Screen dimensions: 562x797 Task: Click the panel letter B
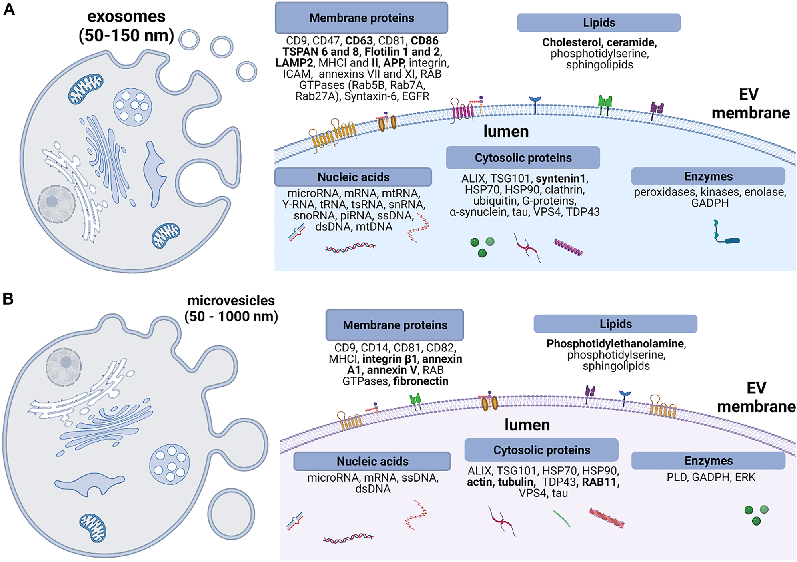[8, 299]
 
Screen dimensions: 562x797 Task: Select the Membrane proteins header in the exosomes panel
[362, 18]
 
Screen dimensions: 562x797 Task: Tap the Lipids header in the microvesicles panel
[615, 324]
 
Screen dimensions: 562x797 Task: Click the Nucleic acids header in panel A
[353, 177]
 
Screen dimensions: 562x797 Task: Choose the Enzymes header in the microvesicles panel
[708, 461]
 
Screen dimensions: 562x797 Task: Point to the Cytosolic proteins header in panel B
[541, 450]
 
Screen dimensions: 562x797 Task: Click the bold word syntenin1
[561, 178]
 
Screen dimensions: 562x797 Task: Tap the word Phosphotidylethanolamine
[615, 344]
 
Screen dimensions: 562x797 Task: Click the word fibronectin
[421, 381]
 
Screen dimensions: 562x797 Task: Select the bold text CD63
[359, 41]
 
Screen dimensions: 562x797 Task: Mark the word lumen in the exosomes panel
[506, 132]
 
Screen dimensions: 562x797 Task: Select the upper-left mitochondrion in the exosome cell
[86, 88]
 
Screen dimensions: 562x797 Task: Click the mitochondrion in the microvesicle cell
[93, 527]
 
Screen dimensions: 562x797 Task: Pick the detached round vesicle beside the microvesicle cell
[231, 514]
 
